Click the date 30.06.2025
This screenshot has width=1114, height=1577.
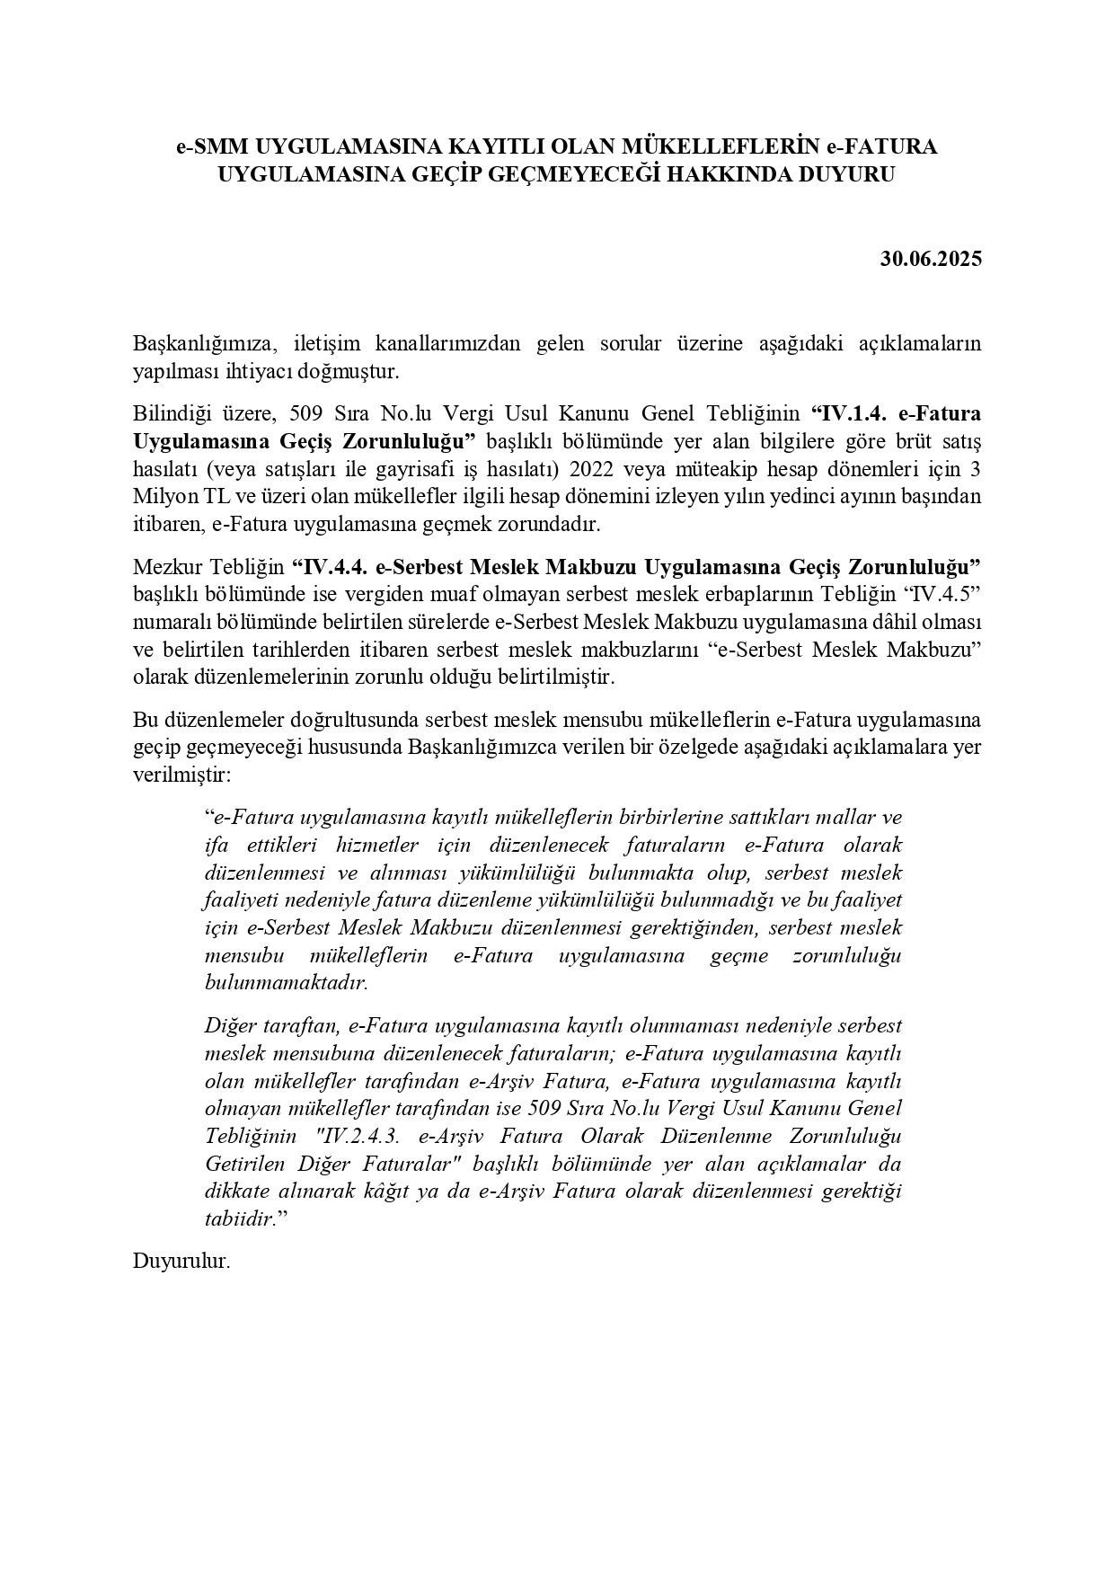click(931, 260)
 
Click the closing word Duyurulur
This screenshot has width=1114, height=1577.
click(181, 1262)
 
